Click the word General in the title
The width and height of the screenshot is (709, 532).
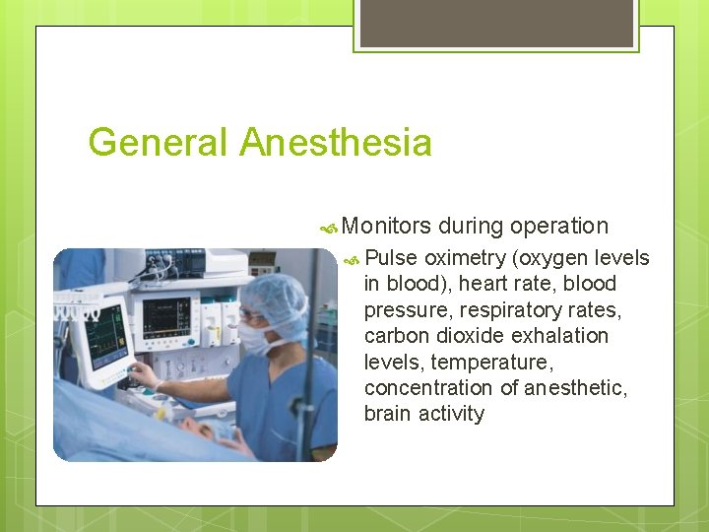click(x=159, y=143)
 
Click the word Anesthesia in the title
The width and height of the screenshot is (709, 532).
click(x=336, y=143)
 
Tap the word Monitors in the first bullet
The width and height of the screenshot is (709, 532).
click(x=387, y=226)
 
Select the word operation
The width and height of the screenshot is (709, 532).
click(x=559, y=226)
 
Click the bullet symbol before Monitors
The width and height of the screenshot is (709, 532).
click(x=330, y=227)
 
